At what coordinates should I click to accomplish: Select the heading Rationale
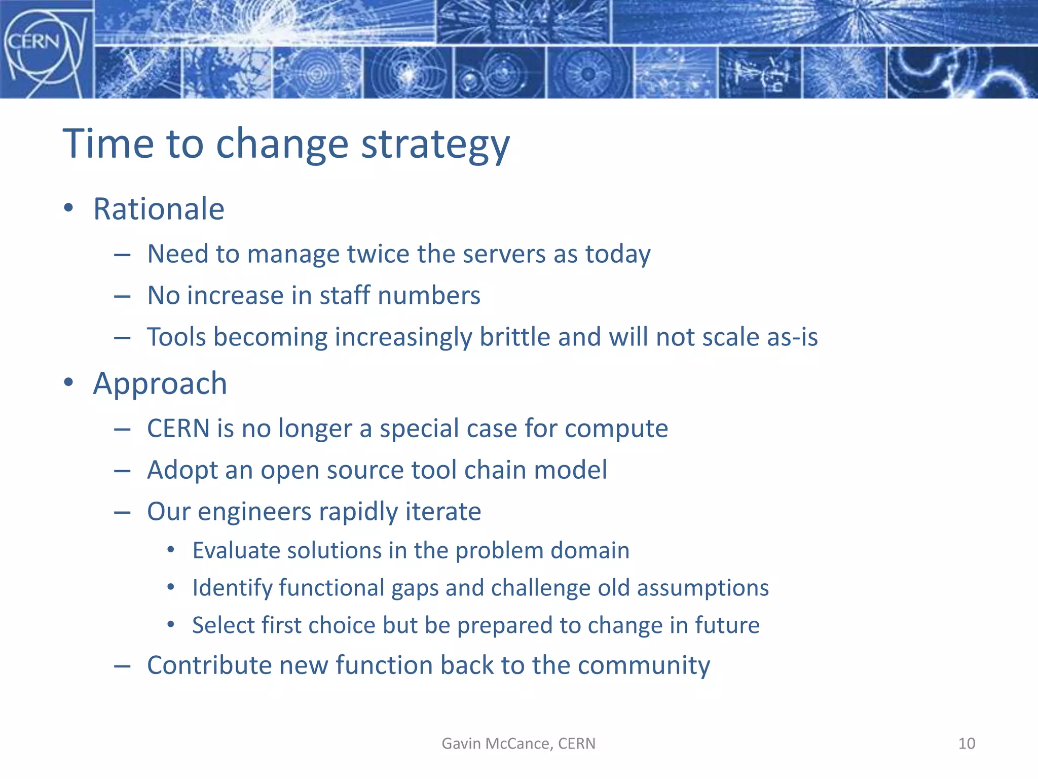(159, 209)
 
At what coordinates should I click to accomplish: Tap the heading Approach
(160, 383)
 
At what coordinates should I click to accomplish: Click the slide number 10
(967, 743)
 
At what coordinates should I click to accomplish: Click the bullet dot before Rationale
(68, 208)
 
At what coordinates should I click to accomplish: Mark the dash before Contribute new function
(122, 666)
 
